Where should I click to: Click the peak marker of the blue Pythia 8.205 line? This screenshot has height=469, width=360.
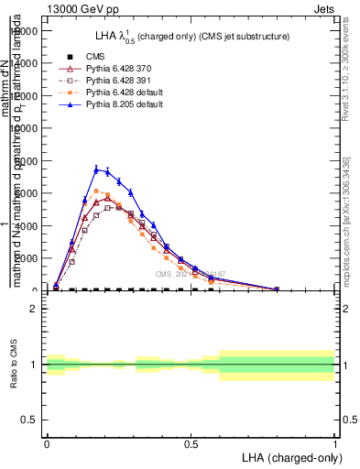(x=96, y=169)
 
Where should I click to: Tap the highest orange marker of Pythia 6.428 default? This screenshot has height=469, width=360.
(x=96, y=191)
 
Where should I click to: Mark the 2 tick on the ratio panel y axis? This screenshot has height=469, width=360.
(x=38, y=309)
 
